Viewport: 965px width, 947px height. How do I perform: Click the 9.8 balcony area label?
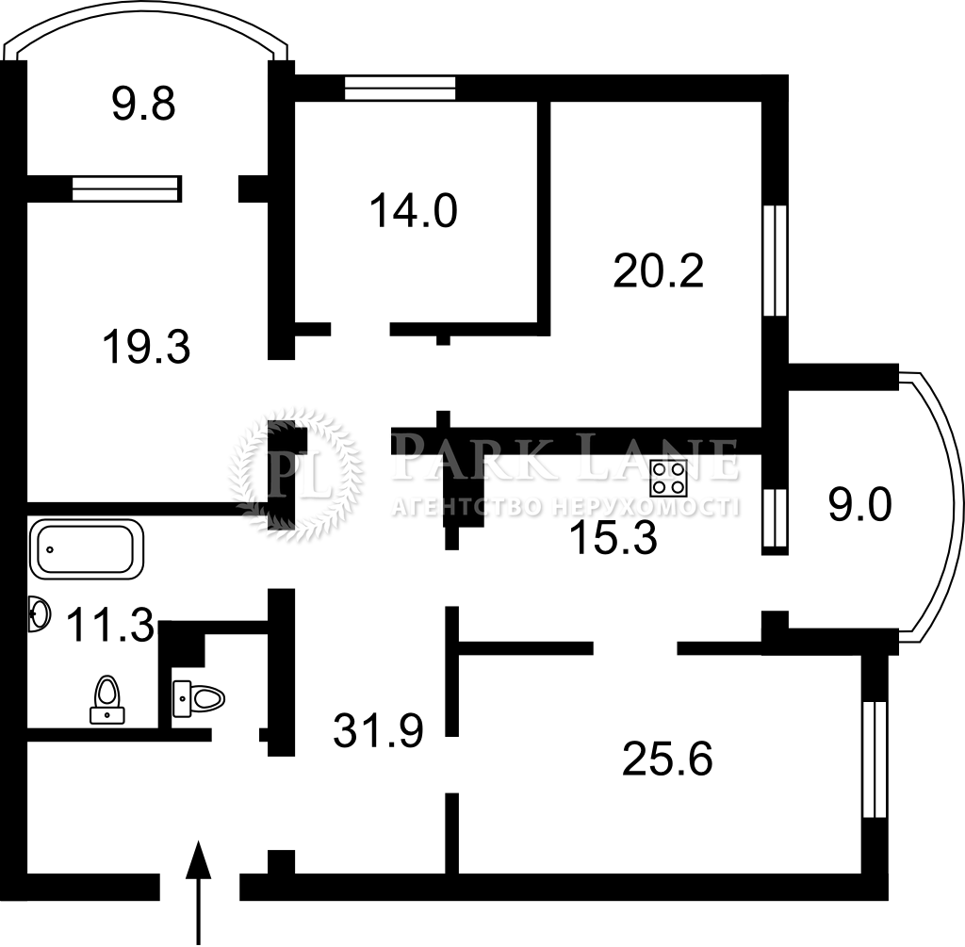coord(144,104)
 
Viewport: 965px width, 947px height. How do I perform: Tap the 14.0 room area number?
coord(413,211)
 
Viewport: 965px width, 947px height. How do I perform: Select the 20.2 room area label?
coord(658,271)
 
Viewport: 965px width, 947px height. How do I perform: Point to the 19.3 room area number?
coord(146,347)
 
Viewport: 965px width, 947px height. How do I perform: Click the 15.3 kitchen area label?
coord(613,538)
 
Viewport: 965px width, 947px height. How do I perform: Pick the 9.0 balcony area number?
coord(859,506)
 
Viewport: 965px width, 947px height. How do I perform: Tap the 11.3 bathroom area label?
coord(110,624)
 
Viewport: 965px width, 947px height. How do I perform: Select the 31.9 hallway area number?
coord(378,730)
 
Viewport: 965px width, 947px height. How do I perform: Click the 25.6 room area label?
coord(667,759)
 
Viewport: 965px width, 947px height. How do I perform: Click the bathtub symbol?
coord(86,549)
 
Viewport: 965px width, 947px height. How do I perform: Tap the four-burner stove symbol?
coord(668,478)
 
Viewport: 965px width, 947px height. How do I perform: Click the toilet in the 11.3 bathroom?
coord(107,699)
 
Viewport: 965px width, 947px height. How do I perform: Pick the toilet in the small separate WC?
coord(199,699)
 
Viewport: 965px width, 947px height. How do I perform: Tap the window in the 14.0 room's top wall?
coord(400,88)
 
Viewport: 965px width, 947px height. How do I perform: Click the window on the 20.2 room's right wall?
coord(775,260)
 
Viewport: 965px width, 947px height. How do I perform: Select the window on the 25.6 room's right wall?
coord(875,759)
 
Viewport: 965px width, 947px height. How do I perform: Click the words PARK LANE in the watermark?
coord(565,458)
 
